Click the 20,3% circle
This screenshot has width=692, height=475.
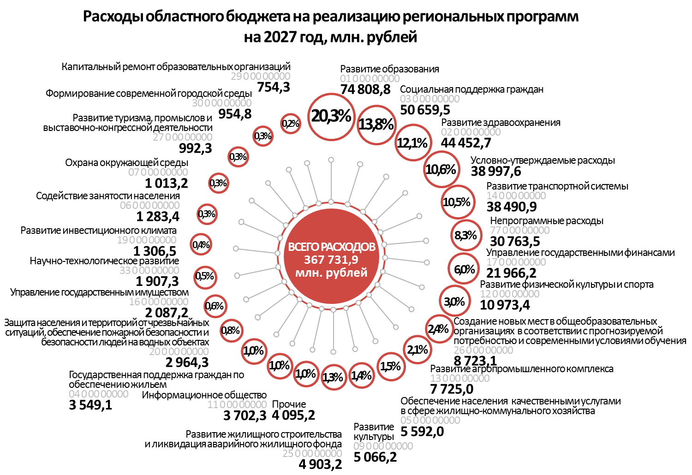coord(331,116)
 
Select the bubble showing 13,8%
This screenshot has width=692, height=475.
coord(376,124)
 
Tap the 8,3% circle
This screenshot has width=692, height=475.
coord(465,236)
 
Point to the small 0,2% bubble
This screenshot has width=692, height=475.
coord(291,124)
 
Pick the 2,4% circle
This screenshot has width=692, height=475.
coord(438,329)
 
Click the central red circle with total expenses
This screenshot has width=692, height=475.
coord(331,260)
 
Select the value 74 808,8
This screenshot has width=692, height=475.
coord(365,89)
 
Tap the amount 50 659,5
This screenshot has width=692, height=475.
coord(425,110)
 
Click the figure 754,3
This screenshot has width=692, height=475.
coord(274,87)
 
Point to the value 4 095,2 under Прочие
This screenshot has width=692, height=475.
coord(293,415)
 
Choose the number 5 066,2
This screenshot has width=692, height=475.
coord(375,457)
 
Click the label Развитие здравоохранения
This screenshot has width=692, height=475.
coord(501,123)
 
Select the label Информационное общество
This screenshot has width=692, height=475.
coord(204,395)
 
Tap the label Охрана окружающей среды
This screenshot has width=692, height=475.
coord(126,163)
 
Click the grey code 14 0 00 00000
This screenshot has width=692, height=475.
coord(516,196)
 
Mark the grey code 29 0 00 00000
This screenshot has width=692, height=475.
coord(261,76)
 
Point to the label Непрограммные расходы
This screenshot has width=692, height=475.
coord(547,221)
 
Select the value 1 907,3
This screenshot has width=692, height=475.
coord(157,281)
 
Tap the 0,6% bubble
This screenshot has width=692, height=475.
coord(215,306)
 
